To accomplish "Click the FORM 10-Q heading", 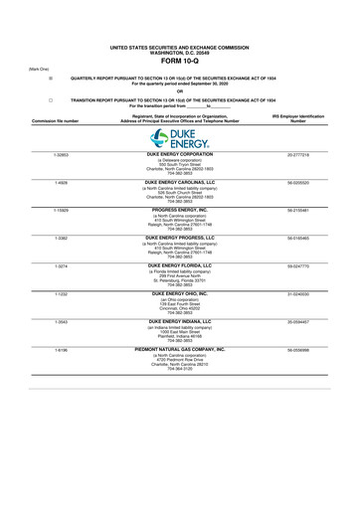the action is click(180, 59).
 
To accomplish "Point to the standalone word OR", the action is click(180, 91).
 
